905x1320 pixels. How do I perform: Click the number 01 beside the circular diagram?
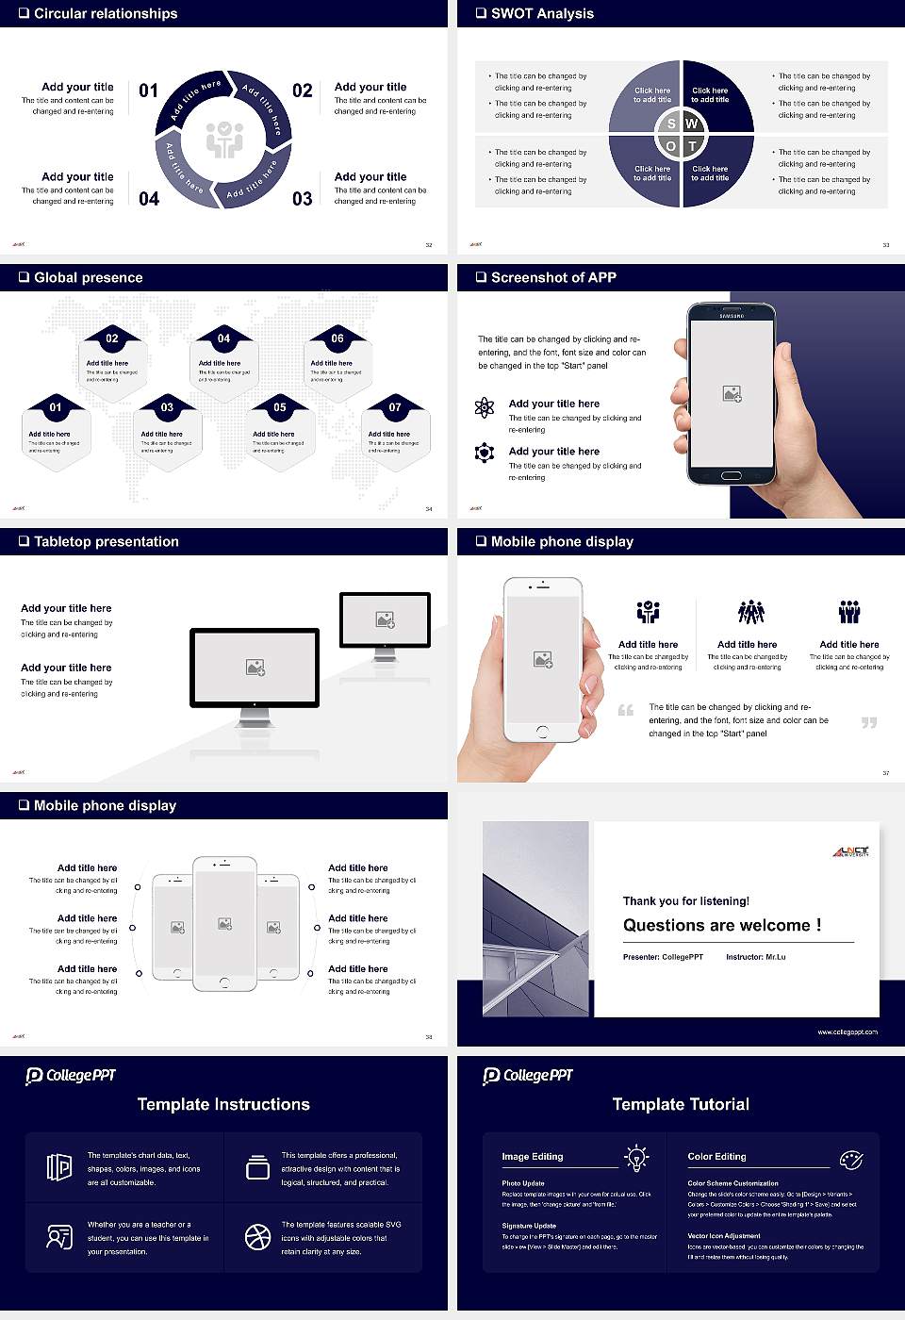[x=149, y=91]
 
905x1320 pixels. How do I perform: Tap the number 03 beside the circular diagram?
[x=302, y=199]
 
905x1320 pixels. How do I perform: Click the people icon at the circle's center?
[x=224, y=140]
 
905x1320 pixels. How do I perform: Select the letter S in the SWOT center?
[x=671, y=124]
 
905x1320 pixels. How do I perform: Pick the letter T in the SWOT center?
[x=692, y=146]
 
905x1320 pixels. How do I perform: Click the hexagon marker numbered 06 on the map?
[x=337, y=338]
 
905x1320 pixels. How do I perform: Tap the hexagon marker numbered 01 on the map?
[x=56, y=407]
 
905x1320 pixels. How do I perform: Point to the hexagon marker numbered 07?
[x=395, y=407]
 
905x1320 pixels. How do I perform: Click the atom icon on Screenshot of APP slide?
[x=485, y=407]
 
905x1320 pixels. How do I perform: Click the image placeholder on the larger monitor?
[x=255, y=668]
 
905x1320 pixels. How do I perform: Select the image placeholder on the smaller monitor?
[x=385, y=619]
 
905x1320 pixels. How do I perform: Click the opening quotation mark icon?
[x=626, y=710]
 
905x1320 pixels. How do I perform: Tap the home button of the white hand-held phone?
[x=542, y=732]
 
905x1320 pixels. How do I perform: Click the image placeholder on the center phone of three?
[x=224, y=924]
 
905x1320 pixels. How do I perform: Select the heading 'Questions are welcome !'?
[x=722, y=925]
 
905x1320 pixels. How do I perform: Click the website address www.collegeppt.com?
[x=847, y=1031]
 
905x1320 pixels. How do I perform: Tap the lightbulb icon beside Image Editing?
[x=636, y=1157]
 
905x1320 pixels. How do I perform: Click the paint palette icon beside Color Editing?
[x=850, y=1159]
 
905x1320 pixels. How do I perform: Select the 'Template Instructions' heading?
[x=223, y=1104]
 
